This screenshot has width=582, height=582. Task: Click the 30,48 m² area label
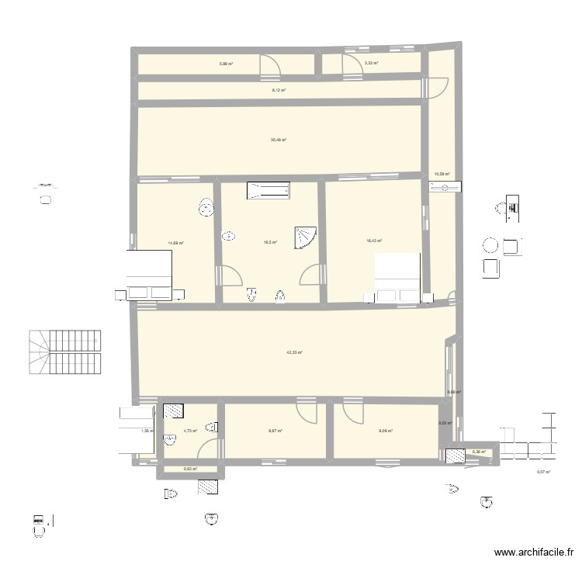coord(279,140)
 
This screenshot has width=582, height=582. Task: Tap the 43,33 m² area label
coord(293,352)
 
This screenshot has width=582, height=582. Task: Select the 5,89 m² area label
coord(226,64)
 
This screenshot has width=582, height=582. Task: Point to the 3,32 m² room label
coord(371,64)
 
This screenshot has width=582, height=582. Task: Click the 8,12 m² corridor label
coord(279,91)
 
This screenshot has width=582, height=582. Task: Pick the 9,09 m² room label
coord(385,431)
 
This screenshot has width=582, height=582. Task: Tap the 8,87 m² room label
coord(275,431)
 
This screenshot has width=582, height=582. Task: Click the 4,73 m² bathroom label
coord(190,431)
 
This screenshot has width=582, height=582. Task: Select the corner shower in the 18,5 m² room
coord(304,237)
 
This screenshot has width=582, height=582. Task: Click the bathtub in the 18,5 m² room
coord(268,191)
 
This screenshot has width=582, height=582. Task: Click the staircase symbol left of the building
coord(67,353)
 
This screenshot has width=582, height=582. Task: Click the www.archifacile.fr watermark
coord(534,553)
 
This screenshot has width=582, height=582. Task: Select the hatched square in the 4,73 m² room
coord(172,411)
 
